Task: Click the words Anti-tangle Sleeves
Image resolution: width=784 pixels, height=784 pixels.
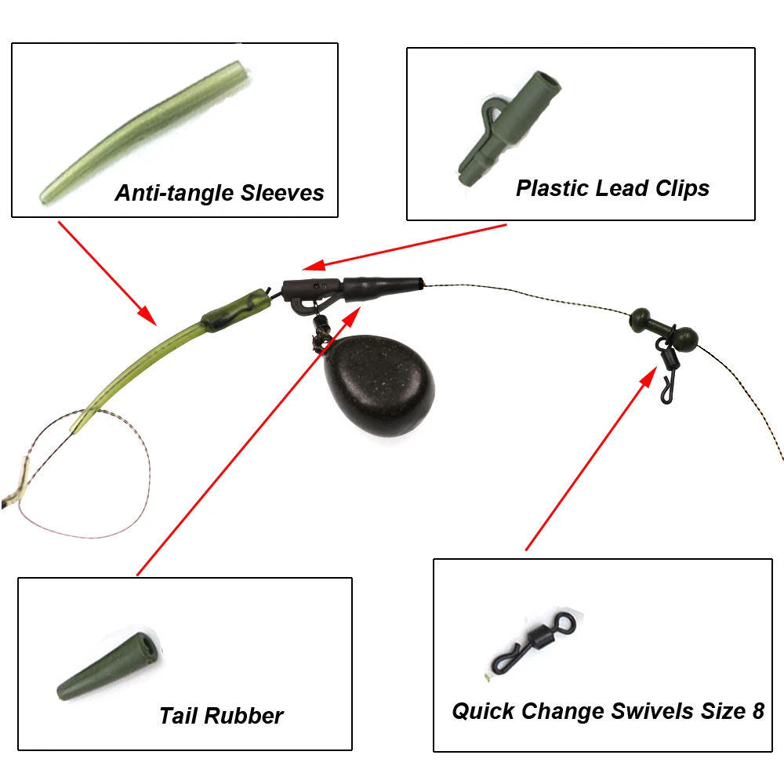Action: click(x=220, y=193)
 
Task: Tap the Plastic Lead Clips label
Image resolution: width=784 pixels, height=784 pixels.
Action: click(x=612, y=188)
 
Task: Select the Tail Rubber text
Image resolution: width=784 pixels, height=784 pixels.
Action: click(x=221, y=716)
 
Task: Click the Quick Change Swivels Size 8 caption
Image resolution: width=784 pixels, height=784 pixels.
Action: click(x=608, y=710)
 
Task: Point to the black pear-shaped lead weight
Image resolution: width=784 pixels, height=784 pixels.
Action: click(x=379, y=386)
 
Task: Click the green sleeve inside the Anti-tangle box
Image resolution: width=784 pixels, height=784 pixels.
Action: click(x=145, y=132)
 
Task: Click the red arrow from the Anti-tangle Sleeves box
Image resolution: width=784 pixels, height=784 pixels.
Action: click(x=107, y=274)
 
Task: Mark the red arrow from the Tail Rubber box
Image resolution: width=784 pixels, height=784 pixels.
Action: click(x=249, y=441)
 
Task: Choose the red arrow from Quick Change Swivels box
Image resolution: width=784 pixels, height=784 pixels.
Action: click(x=591, y=458)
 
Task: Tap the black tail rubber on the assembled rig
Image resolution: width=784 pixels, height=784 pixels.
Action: click(x=383, y=289)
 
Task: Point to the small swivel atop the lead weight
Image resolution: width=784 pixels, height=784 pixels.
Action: click(x=320, y=332)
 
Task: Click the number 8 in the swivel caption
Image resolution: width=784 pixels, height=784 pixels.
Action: click(x=758, y=710)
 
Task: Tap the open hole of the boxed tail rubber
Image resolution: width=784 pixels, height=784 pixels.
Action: click(x=149, y=643)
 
